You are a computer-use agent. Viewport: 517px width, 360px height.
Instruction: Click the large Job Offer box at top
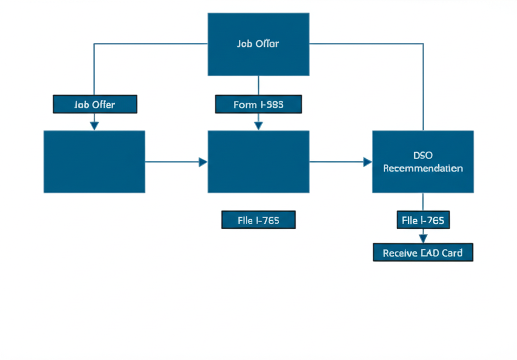258,44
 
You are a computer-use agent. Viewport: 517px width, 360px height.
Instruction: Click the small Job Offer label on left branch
95,105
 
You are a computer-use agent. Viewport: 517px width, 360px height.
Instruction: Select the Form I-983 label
258,105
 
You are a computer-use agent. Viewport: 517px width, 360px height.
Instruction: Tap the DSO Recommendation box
423,162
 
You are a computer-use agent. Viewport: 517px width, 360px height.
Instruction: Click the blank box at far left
94,162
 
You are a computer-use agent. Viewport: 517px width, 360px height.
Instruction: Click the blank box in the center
258,162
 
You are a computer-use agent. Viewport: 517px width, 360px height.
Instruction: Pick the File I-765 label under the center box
258,220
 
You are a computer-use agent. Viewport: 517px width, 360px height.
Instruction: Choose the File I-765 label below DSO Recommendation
423,220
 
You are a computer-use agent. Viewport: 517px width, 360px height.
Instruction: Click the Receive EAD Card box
423,252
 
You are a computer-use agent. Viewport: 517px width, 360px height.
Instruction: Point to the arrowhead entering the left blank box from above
94,126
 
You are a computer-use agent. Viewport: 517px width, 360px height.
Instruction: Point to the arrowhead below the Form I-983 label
258,126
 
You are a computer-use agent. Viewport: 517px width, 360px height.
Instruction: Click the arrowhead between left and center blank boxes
203,162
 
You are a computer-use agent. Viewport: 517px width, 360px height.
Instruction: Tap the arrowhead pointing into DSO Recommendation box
368,162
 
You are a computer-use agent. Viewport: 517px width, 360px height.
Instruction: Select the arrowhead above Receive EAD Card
423,238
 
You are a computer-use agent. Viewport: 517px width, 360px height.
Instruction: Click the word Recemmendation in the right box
423,168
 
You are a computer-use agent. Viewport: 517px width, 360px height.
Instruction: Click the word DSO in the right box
423,155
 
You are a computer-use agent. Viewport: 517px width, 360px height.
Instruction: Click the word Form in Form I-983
245,105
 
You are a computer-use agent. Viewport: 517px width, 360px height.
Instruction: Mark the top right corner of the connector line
423,44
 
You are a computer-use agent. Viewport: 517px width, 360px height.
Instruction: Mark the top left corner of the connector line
94,44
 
